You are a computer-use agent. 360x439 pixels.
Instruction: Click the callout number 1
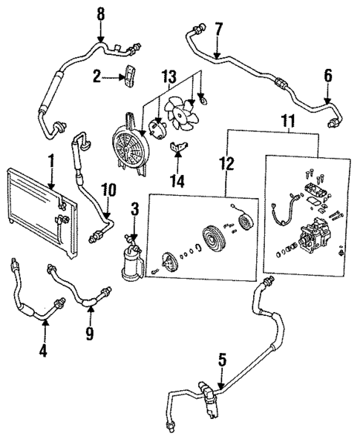(x=50, y=159)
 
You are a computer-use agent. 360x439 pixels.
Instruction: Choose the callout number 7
(x=217, y=29)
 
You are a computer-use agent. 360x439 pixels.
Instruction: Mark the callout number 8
(x=101, y=13)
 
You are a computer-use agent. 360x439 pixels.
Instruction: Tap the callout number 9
(x=89, y=334)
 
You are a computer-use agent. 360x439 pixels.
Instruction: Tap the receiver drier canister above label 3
(x=131, y=263)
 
